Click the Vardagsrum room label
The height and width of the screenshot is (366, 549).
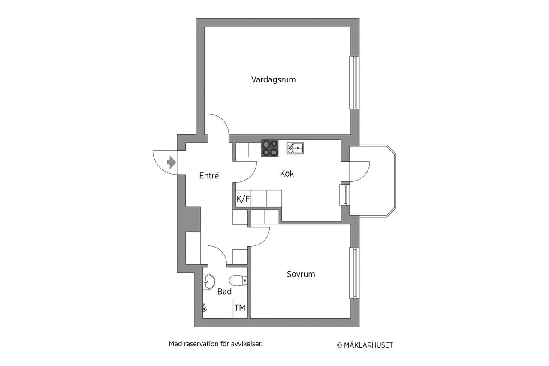pyautogui.click(x=273, y=79)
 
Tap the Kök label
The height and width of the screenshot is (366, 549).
pyautogui.click(x=287, y=174)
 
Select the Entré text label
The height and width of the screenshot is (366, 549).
pyautogui.click(x=209, y=175)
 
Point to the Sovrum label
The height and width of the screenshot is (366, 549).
pyautogui.click(x=301, y=274)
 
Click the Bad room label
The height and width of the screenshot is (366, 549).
pyautogui.click(x=224, y=291)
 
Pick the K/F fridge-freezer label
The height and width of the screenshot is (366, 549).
pyautogui.click(x=243, y=199)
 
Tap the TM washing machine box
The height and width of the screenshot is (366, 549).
pyautogui.click(x=240, y=309)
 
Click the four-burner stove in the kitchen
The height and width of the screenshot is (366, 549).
pyautogui.click(x=270, y=148)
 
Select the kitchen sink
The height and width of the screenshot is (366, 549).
pyautogui.click(x=295, y=148)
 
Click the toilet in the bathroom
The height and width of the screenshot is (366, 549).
pyautogui.click(x=238, y=281)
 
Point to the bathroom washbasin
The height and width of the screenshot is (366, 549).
pyautogui.click(x=208, y=281)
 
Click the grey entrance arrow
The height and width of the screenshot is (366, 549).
pyautogui.click(x=171, y=162)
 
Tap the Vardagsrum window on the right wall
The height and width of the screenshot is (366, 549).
pyautogui.click(x=354, y=82)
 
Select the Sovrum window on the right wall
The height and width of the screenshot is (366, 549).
pyautogui.click(x=354, y=273)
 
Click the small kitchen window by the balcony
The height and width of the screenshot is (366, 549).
pyautogui.click(x=344, y=195)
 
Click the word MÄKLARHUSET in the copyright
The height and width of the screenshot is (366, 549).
pyautogui.click(x=368, y=345)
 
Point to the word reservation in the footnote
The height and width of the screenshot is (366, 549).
pyautogui.click(x=201, y=344)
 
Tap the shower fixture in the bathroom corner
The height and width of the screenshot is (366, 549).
pyautogui.click(x=205, y=308)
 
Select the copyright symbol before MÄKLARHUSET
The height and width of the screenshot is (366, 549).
pyautogui.click(x=339, y=345)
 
